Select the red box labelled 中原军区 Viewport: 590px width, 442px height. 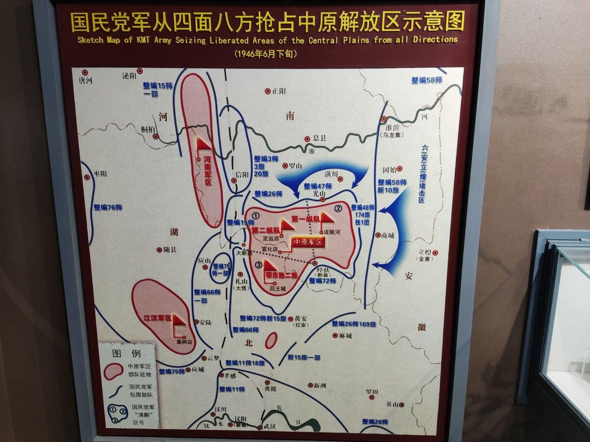click(x=308, y=242)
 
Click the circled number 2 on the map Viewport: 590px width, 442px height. click(x=338, y=208)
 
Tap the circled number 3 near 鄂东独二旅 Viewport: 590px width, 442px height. click(x=259, y=265)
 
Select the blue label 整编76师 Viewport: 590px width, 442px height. click(x=108, y=207)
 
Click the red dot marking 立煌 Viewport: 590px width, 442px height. click(x=436, y=253)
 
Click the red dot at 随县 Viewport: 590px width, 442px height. click(x=160, y=249)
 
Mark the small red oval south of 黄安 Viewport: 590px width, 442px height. click(x=270, y=339)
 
